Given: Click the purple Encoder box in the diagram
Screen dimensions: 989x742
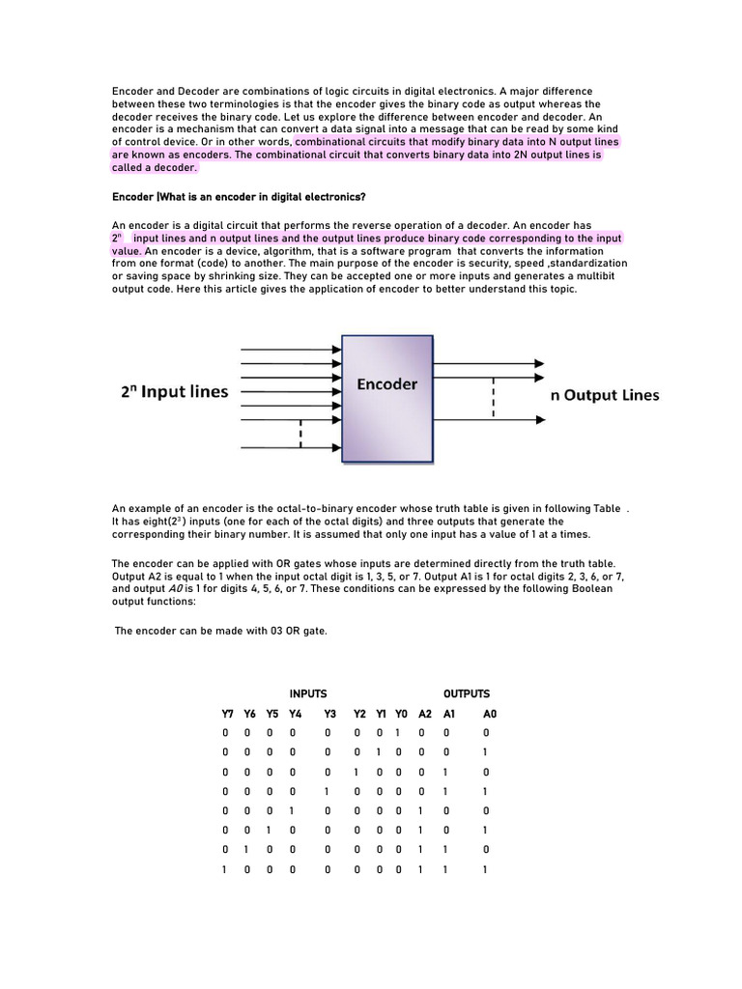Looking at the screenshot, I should [387, 398].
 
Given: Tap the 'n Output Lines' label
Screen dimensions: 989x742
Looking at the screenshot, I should [605, 394].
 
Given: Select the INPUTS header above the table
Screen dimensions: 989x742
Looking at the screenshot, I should [308, 693].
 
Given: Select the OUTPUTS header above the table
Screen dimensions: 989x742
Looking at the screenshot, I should [467, 693].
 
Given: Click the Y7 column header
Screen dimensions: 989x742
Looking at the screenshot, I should [228, 714].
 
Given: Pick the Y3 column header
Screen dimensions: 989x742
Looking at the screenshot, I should [329, 714].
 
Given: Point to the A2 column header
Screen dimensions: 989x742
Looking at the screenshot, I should [425, 714].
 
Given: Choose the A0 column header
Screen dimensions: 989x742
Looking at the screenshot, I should [490, 714].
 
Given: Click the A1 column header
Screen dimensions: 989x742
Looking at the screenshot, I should [448, 714].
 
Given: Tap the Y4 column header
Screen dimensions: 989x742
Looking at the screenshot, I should [296, 714].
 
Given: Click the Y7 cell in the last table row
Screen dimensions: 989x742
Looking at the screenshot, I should [225, 869].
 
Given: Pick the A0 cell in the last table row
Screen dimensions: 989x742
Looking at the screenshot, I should [485, 869].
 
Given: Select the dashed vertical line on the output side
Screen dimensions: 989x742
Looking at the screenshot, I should [494, 396].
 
